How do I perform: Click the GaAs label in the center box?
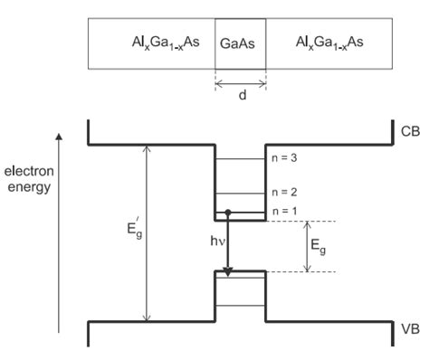coord(240,43)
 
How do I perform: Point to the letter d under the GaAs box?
coord(241,98)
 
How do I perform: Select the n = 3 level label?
coord(287,159)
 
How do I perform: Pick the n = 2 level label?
coord(287,193)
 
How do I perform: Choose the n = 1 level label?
coord(287,211)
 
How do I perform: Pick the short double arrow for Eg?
coord(309,246)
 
